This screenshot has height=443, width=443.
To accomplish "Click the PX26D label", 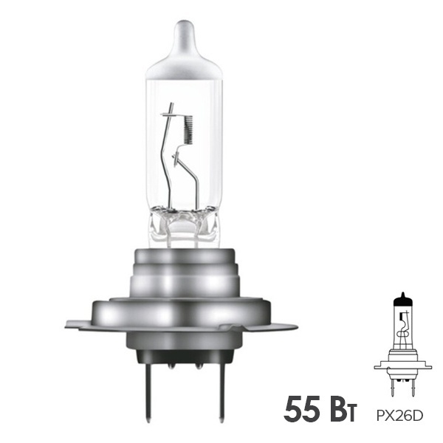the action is (x=399, y=416).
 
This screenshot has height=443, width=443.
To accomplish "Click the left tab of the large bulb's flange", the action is (x=79, y=325).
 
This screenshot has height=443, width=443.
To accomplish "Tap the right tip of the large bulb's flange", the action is (x=297, y=328).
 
